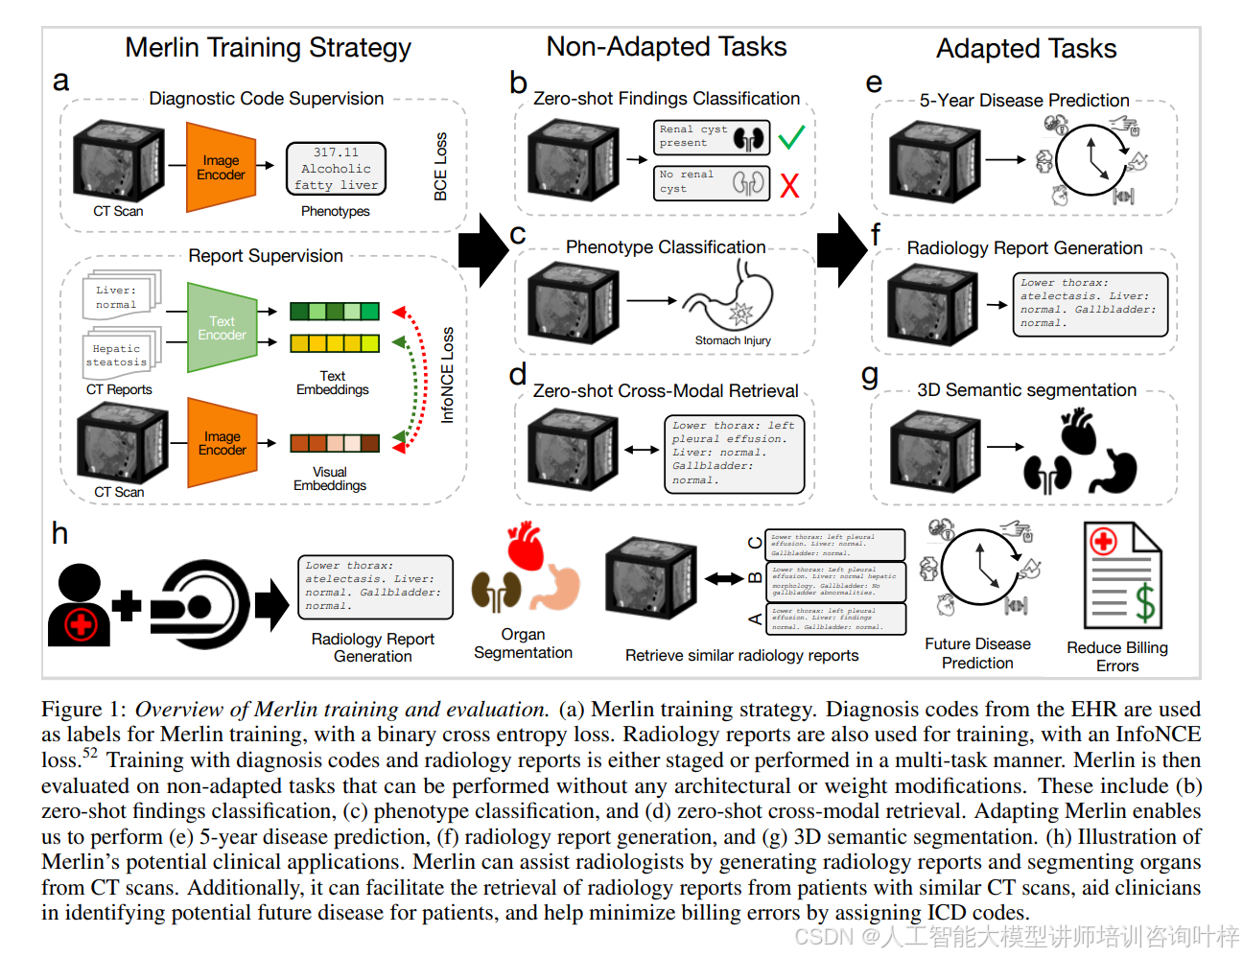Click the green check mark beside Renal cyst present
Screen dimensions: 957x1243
[791, 137]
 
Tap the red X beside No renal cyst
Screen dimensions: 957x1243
[789, 185]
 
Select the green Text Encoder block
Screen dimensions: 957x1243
[222, 328]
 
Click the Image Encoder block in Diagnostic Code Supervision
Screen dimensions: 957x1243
[221, 168]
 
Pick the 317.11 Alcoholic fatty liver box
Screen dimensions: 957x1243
[336, 169]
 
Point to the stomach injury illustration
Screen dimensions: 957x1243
[731, 297]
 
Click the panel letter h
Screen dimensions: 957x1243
[59, 533]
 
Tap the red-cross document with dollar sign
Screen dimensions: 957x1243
[1122, 574]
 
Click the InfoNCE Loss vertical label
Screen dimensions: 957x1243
[447, 375]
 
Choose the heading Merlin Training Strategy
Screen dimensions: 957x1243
[268, 47]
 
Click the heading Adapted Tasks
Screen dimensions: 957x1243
[1026, 48]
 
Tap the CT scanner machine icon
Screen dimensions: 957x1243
[200, 603]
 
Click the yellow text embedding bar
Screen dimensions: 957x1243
[335, 342]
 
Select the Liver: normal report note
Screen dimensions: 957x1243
[118, 296]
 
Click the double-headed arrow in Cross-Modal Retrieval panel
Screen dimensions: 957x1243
[642, 449]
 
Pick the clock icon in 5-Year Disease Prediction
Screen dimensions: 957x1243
[1091, 160]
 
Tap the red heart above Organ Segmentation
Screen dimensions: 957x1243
[525, 547]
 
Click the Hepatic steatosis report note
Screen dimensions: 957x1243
[118, 355]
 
